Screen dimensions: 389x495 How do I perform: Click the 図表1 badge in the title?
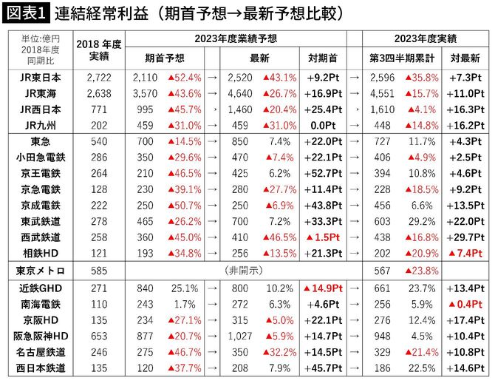pos(25,13)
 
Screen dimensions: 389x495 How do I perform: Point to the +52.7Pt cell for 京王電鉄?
pos(321,173)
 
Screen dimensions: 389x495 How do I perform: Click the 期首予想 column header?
pos(165,58)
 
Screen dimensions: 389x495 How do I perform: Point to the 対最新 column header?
pos(465,58)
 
